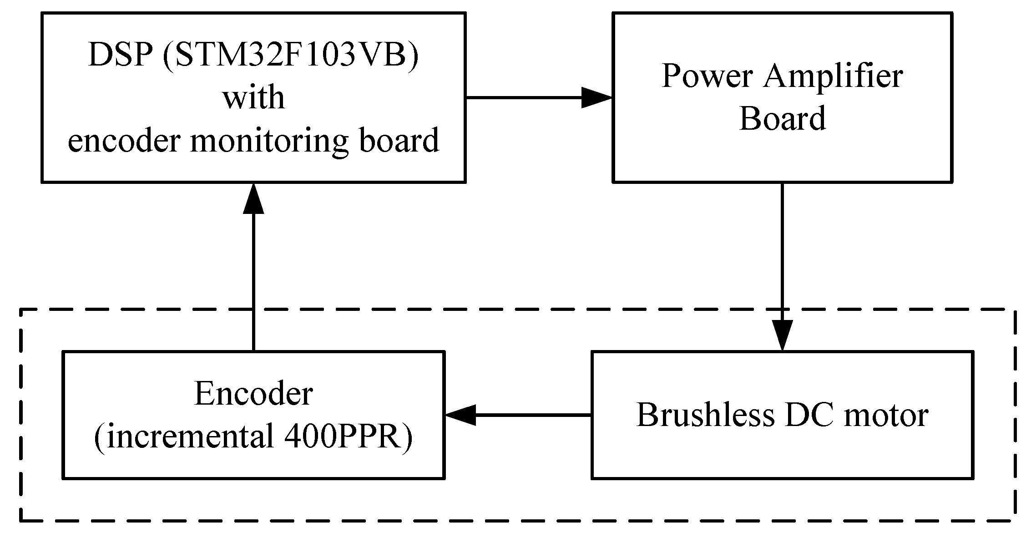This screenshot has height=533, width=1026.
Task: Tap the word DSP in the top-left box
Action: click(121, 56)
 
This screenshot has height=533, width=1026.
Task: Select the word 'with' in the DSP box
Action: click(253, 98)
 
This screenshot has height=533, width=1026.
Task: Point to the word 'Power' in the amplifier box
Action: click(706, 76)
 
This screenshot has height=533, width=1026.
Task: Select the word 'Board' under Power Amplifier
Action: click(782, 118)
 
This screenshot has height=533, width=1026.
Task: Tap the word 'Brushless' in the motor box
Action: click(705, 415)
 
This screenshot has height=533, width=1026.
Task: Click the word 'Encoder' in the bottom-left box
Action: click(253, 394)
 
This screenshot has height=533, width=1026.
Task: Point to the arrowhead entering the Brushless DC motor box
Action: click(782, 335)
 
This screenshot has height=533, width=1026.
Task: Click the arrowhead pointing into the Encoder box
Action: click(460, 415)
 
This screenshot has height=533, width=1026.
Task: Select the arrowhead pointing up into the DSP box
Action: click(253, 198)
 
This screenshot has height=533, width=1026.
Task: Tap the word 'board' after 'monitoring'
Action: click(399, 141)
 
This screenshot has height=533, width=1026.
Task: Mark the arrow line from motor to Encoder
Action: click(532, 415)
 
